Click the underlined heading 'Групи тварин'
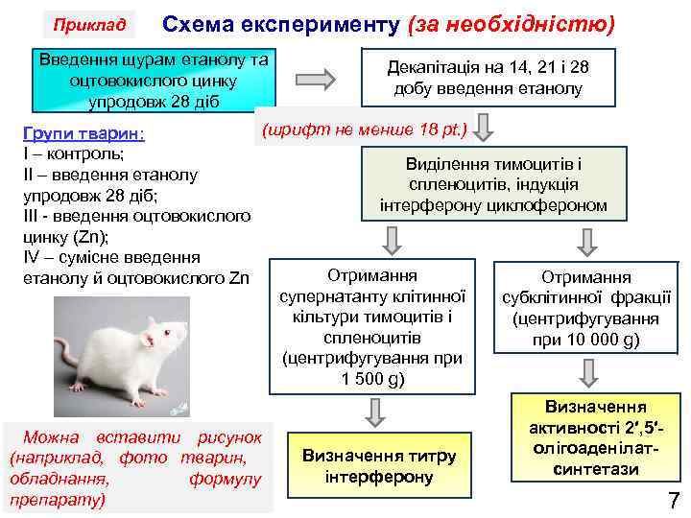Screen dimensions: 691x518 tap(83, 132)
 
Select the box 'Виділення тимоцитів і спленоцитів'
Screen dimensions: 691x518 tap(493, 184)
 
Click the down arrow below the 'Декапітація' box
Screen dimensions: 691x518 tap(486, 126)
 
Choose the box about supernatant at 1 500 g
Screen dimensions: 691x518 tap(371, 325)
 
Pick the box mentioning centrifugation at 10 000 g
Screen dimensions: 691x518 tap(586, 308)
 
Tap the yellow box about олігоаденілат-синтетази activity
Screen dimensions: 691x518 tap(595, 438)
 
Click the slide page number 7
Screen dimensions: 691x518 tap(673, 499)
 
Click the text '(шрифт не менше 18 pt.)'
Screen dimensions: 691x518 tap(364, 129)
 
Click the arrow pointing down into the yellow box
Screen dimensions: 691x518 tap(588, 372)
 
